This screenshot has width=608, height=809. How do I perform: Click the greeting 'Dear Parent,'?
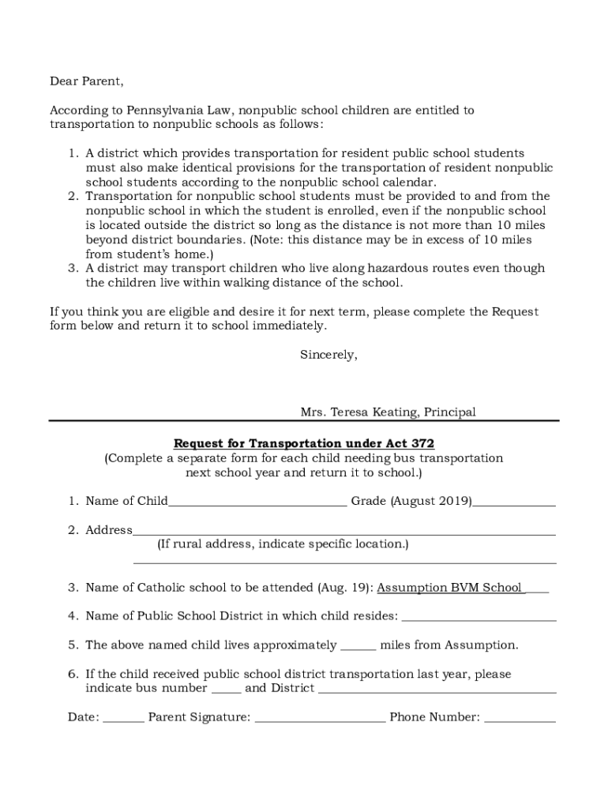[x=87, y=81]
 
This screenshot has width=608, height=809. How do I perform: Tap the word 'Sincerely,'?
[x=328, y=355]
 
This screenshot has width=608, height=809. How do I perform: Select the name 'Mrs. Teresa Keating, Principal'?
[x=388, y=412]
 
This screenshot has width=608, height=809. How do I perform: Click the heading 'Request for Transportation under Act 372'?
[x=304, y=443]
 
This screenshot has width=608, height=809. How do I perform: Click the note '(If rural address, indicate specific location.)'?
[x=283, y=544]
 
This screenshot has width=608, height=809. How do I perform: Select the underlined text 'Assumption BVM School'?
[x=450, y=588]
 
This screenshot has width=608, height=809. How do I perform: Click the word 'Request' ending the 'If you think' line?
[x=515, y=311]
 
